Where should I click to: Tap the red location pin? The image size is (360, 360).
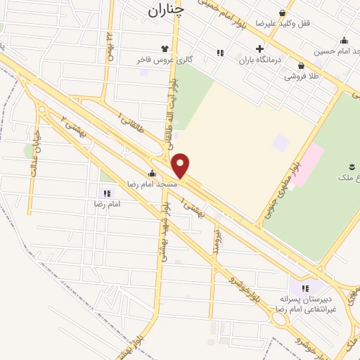pyautogui.click(x=181, y=165)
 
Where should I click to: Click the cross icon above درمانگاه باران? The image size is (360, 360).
pyautogui.click(x=260, y=49)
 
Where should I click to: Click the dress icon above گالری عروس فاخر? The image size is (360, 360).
pyautogui.click(x=165, y=49)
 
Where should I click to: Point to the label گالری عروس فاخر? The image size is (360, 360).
pyautogui.click(x=165, y=60)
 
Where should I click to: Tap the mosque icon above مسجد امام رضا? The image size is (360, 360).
pyautogui.click(x=152, y=173)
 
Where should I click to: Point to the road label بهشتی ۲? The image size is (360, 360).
pyautogui.click(x=75, y=126)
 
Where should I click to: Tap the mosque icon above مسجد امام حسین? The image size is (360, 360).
pyautogui.click(x=344, y=40)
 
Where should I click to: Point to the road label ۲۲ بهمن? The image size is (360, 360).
pyautogui.click(x=110, y=45)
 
